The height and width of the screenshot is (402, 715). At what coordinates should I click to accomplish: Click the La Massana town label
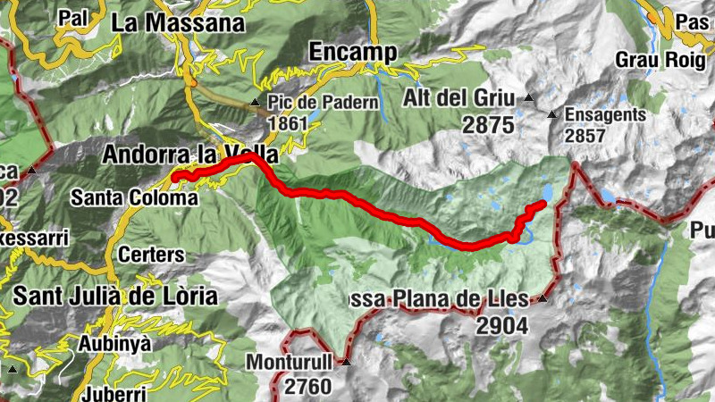coord(178,22)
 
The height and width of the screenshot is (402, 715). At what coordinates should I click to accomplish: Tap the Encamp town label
coord(352,52)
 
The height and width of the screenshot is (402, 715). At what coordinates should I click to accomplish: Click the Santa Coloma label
coord(133,197)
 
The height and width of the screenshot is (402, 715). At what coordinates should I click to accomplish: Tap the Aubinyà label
coord(115,344)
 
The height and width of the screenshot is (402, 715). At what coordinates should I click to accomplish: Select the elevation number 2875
coord(488,124)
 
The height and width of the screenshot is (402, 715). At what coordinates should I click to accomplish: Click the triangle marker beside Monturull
coord(346,364)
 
